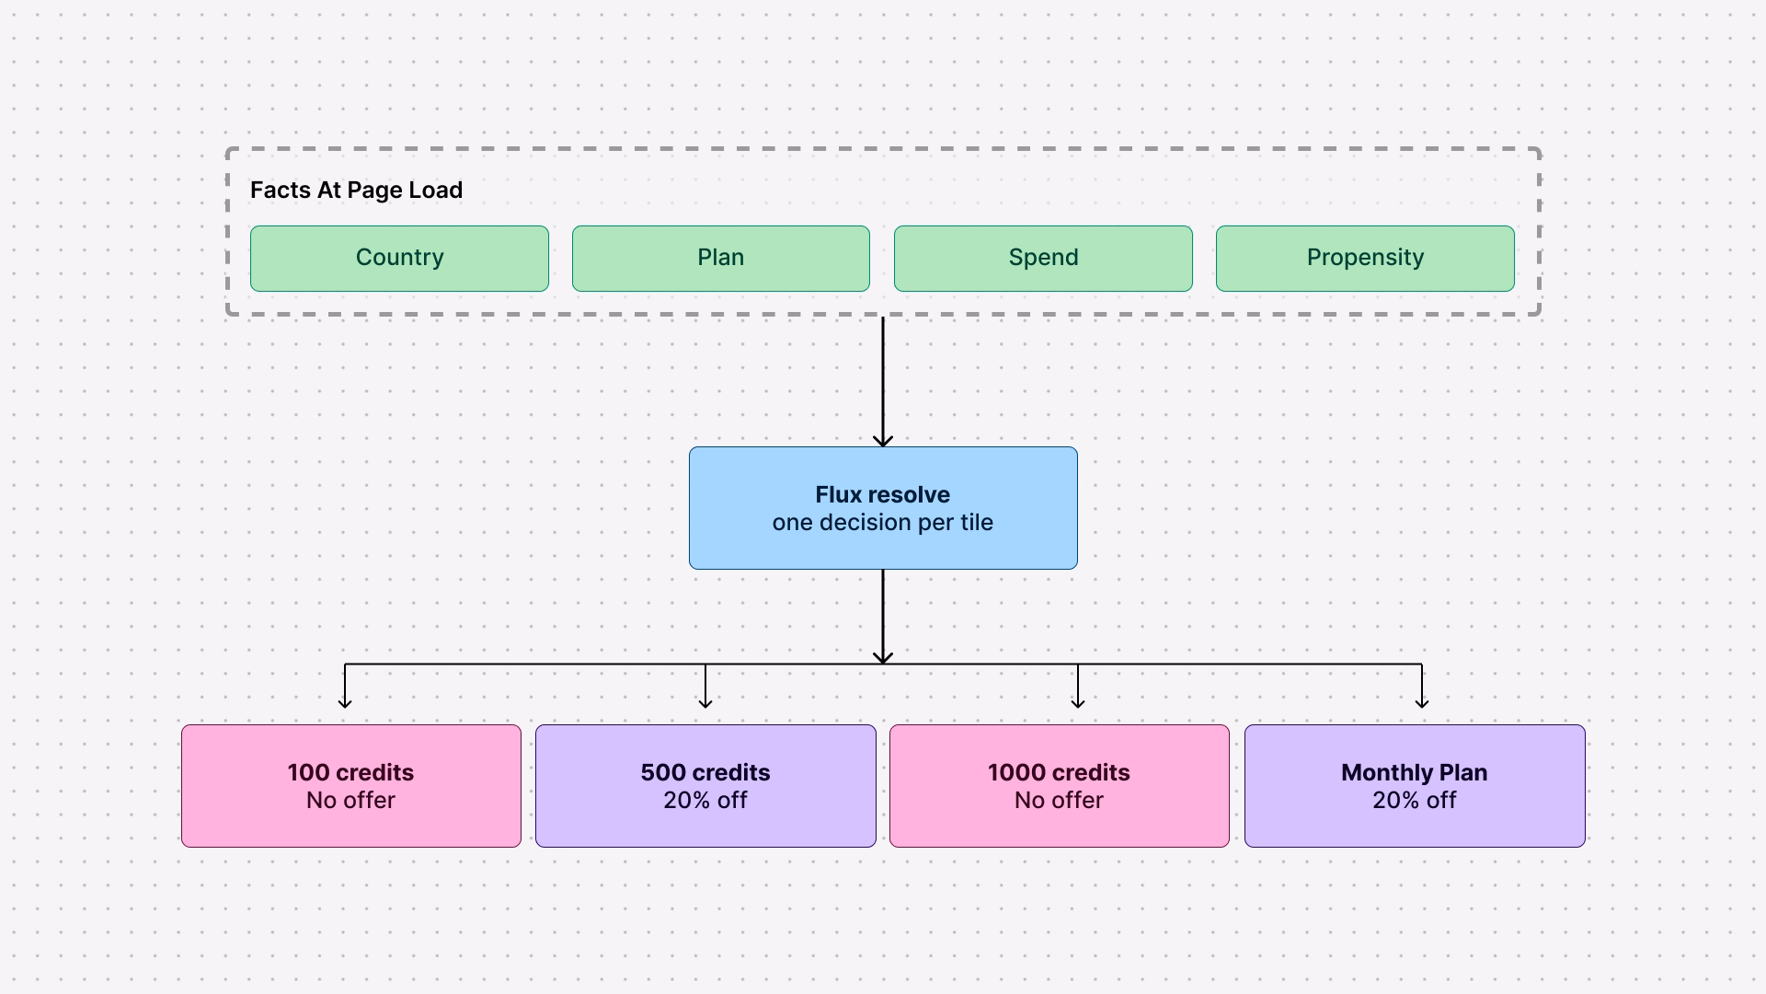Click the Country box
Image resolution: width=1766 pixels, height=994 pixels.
pyautogui.click(x=399, y=259)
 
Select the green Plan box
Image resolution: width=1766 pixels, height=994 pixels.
pyautogui.click(x=721, y=259)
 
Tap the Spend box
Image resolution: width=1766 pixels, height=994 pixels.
pyautogui.click(x=1043, y=259)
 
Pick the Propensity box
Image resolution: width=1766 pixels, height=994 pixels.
pyautogui.click(x=1365, y=259)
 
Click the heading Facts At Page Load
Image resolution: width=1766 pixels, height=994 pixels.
pyautogui.click(x=356, y=191)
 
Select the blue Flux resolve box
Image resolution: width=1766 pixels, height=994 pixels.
pyautogui.click(x=883, y=508)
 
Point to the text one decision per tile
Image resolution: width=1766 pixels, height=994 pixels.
pyautogui.click(x=883, y=523)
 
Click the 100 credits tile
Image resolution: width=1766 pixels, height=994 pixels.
pyautogui.click(x=351, y=786)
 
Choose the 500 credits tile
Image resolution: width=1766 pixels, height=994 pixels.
pyautogui.click(x=705, y=786)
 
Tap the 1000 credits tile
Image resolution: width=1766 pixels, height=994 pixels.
pyautogui.click(x=1060, y=786)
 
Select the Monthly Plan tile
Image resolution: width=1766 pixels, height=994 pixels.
pyautogui.click(x=1415, y=786)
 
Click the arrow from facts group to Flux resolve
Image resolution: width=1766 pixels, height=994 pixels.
pyautogui.click(x=883, y=382)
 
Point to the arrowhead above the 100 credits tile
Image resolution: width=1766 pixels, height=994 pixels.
pyautogui.click(x=345, y=704)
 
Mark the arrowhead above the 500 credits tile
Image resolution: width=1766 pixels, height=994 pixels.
pyautogui.click(x=705, y=704)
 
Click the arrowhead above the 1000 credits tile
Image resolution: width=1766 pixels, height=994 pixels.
pyautogui.click(x=1078, y=704)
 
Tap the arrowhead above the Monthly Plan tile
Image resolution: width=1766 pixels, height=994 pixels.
pyautogui.click(x=1422, y=704)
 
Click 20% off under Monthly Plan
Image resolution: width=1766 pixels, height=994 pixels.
pyautogui.click(x=1415, y=801)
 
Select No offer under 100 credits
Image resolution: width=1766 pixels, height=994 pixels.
pyautogui.click(x=351, y=801)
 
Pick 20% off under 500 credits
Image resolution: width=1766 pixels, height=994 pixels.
pyautogui.click(x=705, y=801)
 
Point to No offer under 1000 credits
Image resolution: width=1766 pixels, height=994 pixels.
pyautogui.click(x=1060, y=801)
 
